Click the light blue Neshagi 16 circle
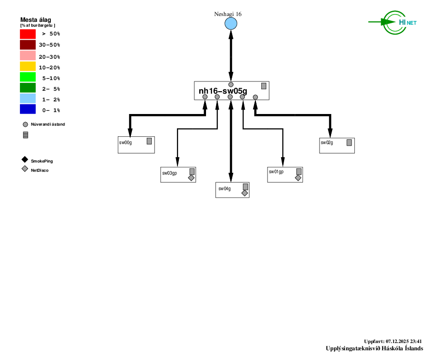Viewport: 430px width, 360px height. pyautogui.click(x=231, y=23)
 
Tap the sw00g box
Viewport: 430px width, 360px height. pyautogui.click(x=136, y=145)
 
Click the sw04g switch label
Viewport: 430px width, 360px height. pyautogui.click(x=224, y=189)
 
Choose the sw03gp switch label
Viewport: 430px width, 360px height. pyautogui.click(x=170, y=173)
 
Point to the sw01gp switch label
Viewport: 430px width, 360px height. pyautogui.click(x=276, y=172)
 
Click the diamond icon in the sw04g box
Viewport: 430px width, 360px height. pyautogui.click(x=244, y=193)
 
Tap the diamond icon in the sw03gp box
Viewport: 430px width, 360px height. pyautogui.click(x=191, y=178)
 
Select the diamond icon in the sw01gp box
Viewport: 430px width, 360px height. pyautogui.click(x=298, y=178)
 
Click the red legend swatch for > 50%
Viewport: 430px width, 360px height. pyautogui.click(x=28, y=34)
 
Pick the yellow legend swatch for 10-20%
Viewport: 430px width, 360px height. pyautogui.click(x=28, y=66)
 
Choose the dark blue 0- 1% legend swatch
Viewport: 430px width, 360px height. pyautogui.click(x=28, y=110)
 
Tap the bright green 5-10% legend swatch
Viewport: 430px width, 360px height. pyautogui.click(x=28, y=77)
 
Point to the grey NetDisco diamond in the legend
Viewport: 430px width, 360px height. pyautogui.click(x=25, y=169)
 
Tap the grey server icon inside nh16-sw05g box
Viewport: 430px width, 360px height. pyautogui.click(x=264, y=86)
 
